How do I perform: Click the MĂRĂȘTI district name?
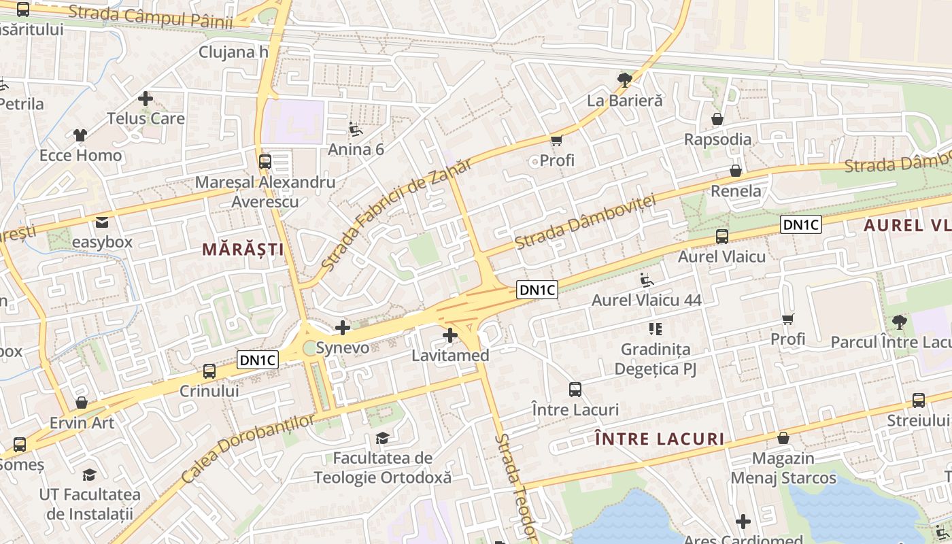pos(243,250)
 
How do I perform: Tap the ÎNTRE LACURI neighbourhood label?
pos(660,439)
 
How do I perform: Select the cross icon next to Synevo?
pos(343,328)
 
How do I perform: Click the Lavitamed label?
pos(450,355)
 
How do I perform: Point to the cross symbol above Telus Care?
pos(146,99)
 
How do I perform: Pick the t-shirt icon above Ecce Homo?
pos(80,135)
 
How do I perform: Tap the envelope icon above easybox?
pos(102,222)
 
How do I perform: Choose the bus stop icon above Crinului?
pos(209,371)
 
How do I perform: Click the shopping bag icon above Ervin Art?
pos(82,403)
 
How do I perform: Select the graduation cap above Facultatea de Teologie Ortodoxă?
pos(382,438)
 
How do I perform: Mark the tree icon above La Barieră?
pos(624,80)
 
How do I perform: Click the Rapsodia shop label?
pos(717,139)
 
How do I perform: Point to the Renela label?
pos(736,190)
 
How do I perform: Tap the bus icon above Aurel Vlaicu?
pos(722,237)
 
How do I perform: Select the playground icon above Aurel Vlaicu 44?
pos(647,279)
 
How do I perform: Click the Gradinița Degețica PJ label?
pos(656,359)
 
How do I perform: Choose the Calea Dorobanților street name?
pos(249,449)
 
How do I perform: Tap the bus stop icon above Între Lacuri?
pos(575,390)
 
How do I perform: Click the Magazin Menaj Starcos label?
pos(783,468)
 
